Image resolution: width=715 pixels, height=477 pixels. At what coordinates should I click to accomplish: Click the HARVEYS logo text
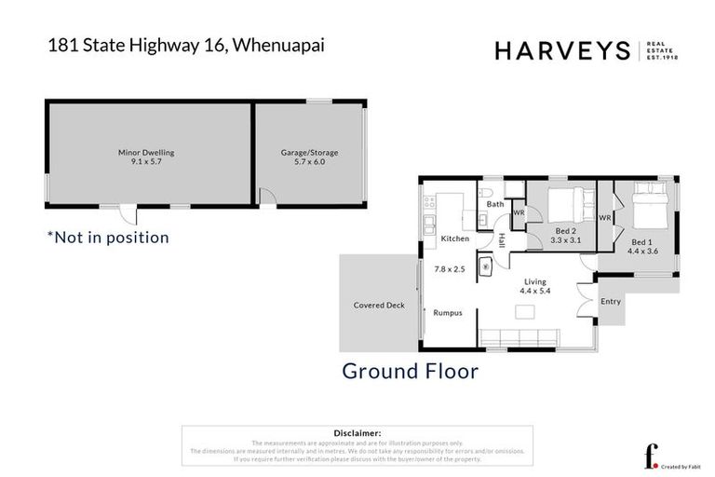[x=563, y=51]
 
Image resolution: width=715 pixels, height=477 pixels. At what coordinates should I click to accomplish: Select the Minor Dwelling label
[x=146, y=152]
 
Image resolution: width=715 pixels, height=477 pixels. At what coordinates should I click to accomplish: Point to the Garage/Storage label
[x=309, y=152]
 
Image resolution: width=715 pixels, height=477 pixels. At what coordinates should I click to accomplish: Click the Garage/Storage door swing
[x=266, y=198]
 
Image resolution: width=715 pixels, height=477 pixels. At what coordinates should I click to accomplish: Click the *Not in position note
[x=108, y=238]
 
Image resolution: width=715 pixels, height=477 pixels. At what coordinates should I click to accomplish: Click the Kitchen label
[x=454, y=239]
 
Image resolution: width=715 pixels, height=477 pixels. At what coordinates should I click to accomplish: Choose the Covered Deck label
[x=378, y=305]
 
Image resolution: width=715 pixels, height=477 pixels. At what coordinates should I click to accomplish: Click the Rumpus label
[x=448, y=313]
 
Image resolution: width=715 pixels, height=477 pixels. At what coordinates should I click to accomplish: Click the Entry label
[x=610, y=301]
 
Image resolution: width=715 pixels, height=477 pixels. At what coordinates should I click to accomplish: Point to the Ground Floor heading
[x=410, y=371]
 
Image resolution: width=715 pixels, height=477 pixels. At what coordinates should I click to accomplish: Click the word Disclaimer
[x=357, y=433]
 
